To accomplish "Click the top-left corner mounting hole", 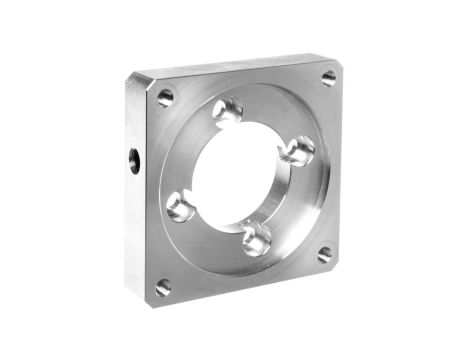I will [165, 97].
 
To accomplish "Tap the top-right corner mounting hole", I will [328, 78].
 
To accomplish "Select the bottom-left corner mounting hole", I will [163, 287].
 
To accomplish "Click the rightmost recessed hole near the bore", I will [297, 151].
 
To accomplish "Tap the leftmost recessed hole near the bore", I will [180, 207].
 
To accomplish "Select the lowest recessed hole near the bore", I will [256, 238].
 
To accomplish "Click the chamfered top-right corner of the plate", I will [336, 60].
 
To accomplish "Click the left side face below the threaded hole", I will [135, 230].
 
